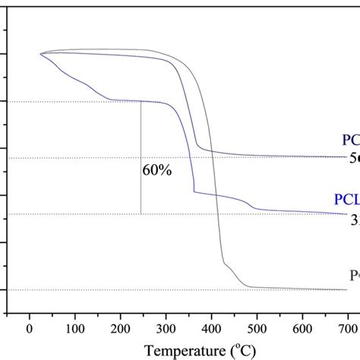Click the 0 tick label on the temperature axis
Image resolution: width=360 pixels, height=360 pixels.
tap(29, 328)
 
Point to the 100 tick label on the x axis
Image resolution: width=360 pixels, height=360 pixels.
tap(74, 328)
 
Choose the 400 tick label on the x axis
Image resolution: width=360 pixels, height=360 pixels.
tap(211, 328)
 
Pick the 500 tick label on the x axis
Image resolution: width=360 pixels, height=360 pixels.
tap(257, 328)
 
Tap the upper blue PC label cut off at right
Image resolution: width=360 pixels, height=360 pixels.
tap(350, 140)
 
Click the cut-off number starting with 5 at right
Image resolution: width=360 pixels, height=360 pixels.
tap(354, 159)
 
